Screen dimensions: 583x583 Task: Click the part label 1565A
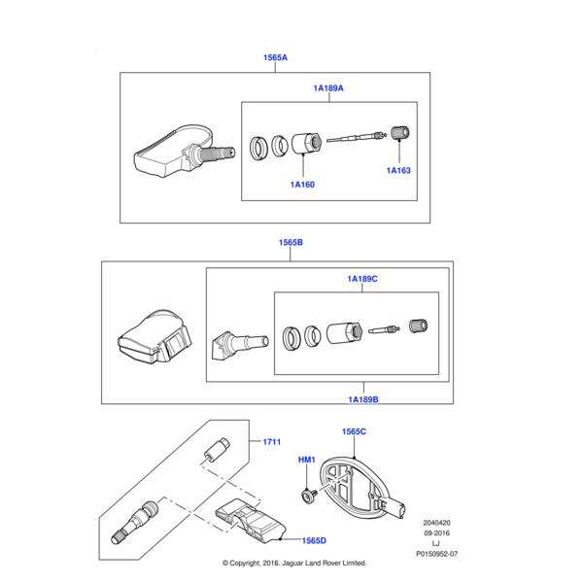275,57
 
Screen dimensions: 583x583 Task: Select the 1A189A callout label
327,88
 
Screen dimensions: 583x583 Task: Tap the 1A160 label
301,184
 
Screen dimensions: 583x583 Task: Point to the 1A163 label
398,170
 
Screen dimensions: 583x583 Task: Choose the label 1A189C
361,279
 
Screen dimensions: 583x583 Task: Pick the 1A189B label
361,398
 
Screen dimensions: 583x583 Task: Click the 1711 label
271,441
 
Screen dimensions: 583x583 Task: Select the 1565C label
353,430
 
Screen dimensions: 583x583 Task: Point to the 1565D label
314,540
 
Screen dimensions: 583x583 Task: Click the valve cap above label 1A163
397,132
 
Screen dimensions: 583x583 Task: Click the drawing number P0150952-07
436,554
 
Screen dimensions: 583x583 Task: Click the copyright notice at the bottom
293,563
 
